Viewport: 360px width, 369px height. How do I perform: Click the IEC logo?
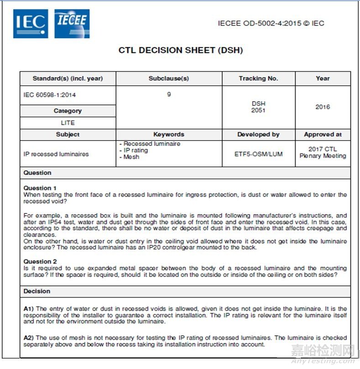31,24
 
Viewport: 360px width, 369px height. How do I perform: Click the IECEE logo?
72,23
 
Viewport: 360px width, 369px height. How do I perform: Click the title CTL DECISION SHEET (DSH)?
181,50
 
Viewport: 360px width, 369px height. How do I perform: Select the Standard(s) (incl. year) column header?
68,78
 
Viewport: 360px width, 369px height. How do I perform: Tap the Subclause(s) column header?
169,78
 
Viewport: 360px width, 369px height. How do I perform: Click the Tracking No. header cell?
258,78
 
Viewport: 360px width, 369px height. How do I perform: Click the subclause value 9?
169,95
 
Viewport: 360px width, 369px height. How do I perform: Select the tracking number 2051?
258,110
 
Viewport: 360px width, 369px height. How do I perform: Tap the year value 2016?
323,107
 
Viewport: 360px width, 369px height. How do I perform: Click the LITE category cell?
68,123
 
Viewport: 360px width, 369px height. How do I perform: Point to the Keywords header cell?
169,135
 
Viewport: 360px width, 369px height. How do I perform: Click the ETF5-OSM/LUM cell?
258,154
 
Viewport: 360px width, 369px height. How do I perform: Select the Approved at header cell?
323,135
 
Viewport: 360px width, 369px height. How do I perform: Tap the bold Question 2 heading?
40,261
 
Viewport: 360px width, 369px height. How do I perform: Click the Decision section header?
37,291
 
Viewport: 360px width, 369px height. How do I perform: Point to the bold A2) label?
29,338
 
